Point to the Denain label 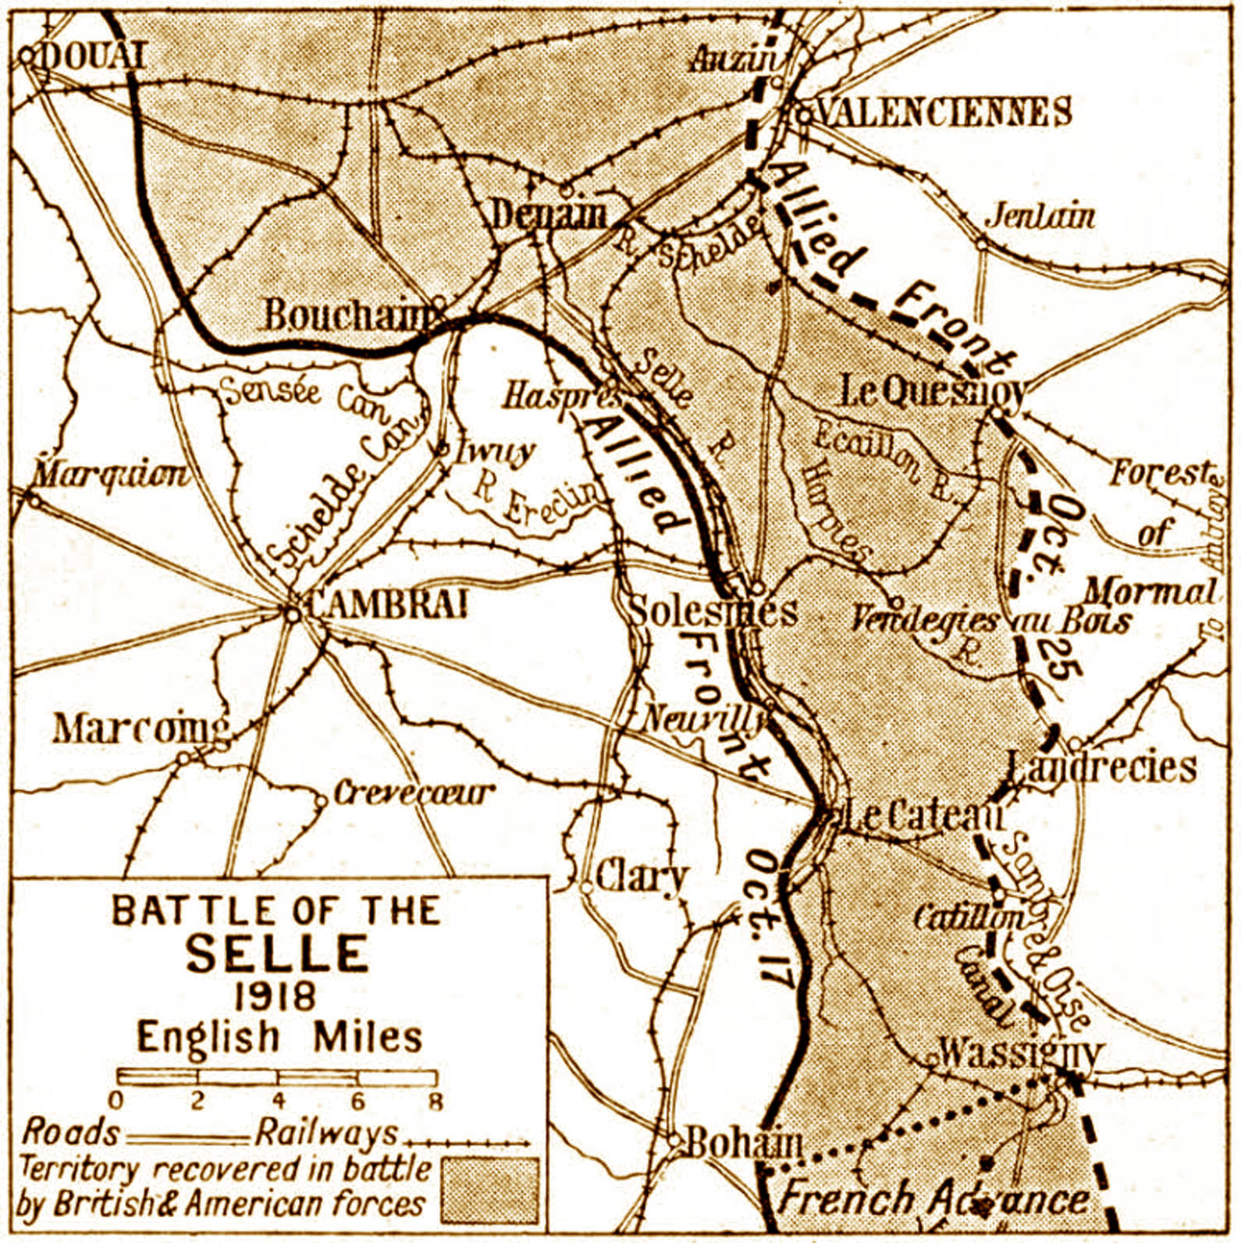(548, 214)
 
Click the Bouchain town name (349, 315)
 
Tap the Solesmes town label (713, 611)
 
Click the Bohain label (743, 1144)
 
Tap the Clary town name (641, 877)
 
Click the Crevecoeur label (414, 793)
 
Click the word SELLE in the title (277, 953)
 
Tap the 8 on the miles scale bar (436, 1102)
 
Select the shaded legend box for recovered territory (490, 1189)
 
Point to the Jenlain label (1040, 216)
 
